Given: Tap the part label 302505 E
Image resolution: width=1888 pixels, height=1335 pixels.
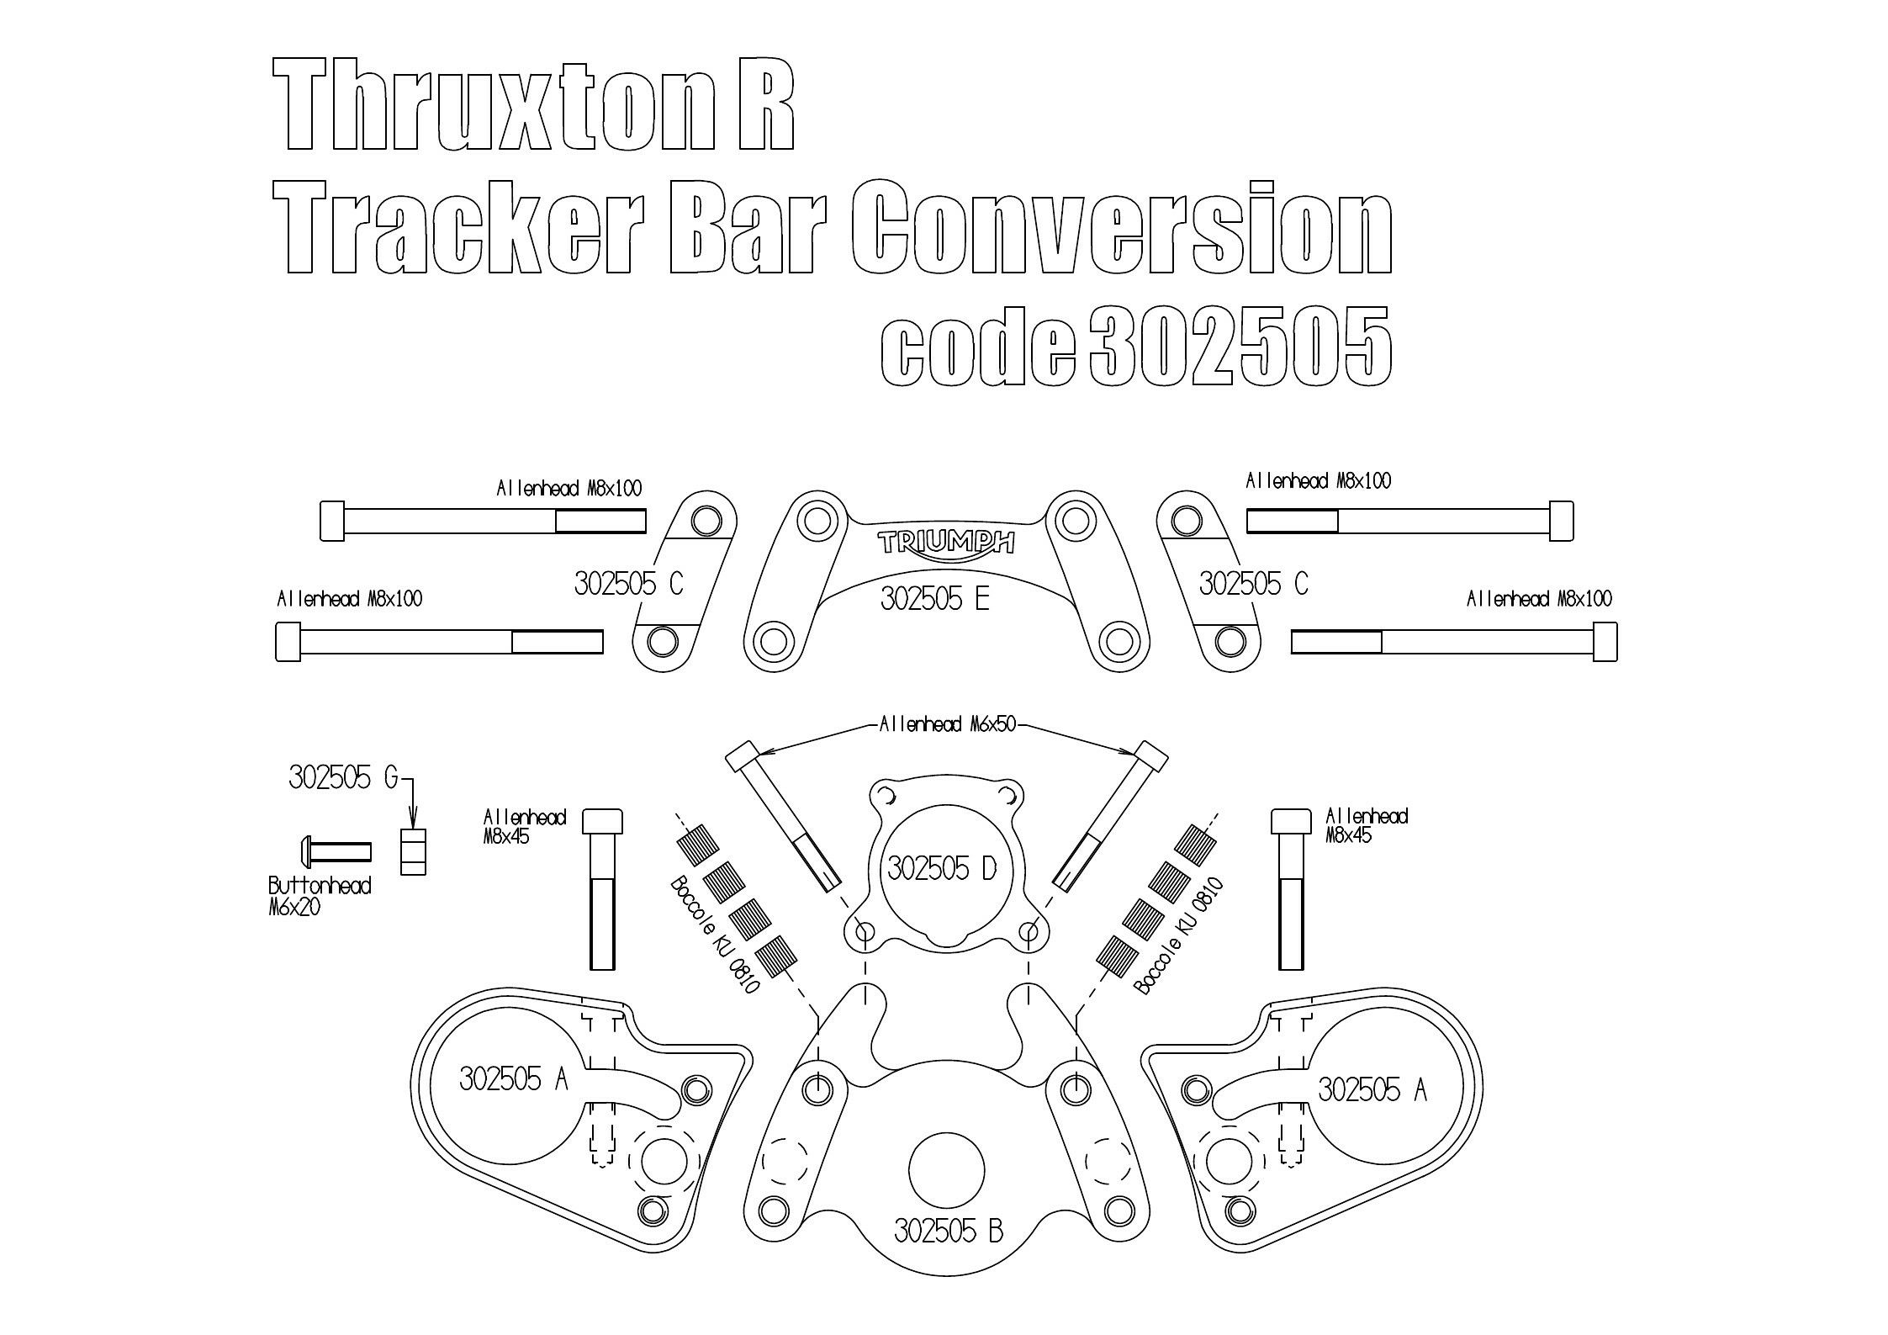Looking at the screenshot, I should click(934, 600).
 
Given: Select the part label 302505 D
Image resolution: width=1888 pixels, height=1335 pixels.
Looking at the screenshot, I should click(942, 868).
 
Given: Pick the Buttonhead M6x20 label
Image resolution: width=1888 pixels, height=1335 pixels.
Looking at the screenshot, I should click(319, 896).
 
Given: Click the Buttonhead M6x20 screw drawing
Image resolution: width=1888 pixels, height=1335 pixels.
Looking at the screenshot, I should click(336, 850).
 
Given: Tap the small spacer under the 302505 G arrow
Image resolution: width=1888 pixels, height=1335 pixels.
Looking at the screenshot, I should click(413, 851).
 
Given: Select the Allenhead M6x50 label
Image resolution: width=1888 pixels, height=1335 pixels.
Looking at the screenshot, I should click(947, 724).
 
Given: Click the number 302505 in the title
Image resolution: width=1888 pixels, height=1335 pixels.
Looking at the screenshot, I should click(1240, 347).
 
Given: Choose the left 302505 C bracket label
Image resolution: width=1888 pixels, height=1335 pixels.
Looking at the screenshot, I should click(628, 583).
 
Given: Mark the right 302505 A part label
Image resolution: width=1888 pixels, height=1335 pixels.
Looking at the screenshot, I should click(1372, 1089).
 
